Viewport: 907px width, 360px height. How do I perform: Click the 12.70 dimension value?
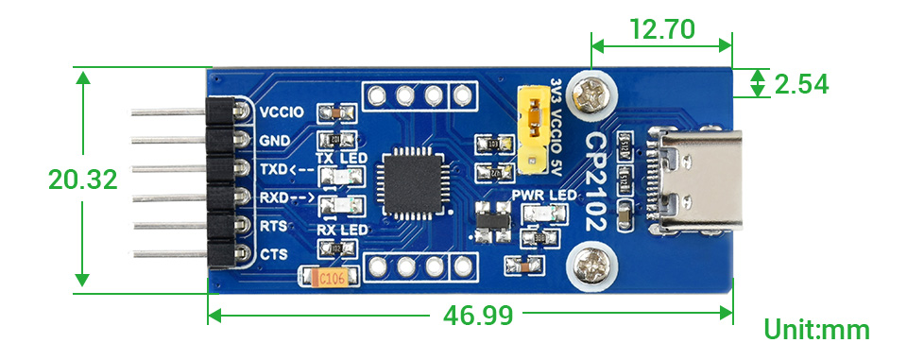coord(660,27)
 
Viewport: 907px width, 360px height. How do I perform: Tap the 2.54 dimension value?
coord(801,84)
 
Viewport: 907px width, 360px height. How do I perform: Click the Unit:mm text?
coord(816,330)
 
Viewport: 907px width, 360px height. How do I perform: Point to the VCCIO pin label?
coord(280,112)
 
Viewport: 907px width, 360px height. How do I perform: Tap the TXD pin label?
coord(275,169)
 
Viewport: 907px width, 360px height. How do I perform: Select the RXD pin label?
coord(275,197)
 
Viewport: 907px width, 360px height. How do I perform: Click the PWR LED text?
coord(543,196)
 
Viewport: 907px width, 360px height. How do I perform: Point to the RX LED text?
coord(340,231)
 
